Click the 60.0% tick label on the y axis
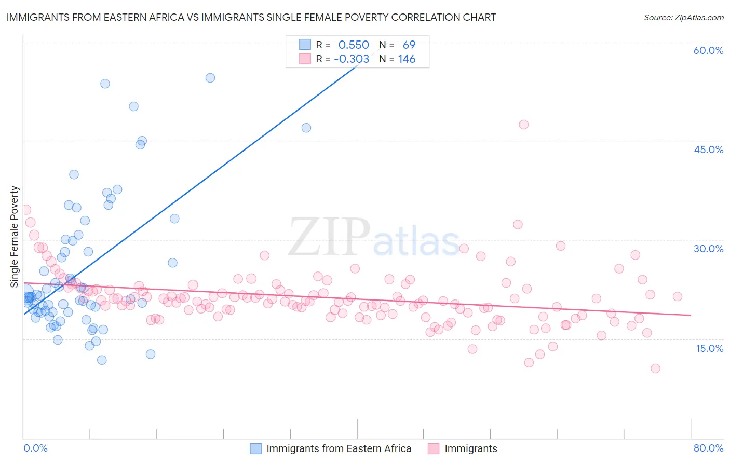click(708, 51)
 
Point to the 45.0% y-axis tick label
click(708, 149)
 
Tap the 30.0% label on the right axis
click(708, 249)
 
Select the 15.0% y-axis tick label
click(709, 348)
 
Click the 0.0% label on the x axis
click(35, 448)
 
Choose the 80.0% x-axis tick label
click(708, 448)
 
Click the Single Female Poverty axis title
click(15, 237)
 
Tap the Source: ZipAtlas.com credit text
click(683, 18)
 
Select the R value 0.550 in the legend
click(354, 45)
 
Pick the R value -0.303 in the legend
click(352, 59)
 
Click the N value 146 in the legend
click(407, 59)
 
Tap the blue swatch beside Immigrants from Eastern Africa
click(256, 448)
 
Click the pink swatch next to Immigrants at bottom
click(434, 448)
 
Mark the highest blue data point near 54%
click(210, 78)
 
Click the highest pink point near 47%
click(523, 125)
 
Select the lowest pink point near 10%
click(655, 369)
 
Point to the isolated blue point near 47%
click(306, 128)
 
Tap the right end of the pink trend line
click(691, 315)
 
